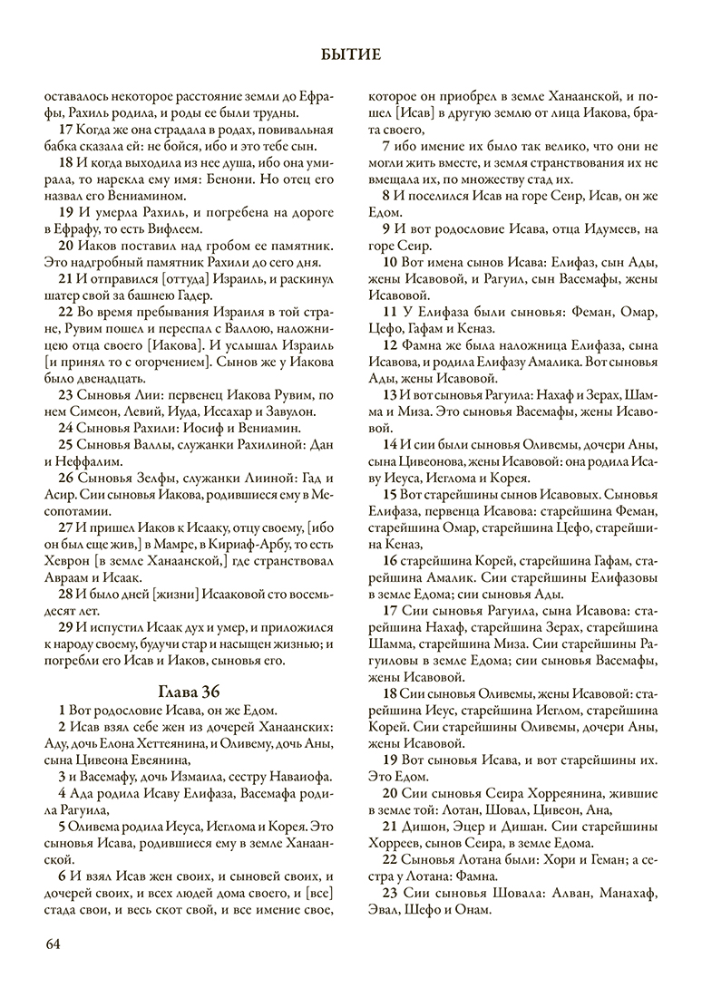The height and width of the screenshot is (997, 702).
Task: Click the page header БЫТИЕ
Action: (350, 55)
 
